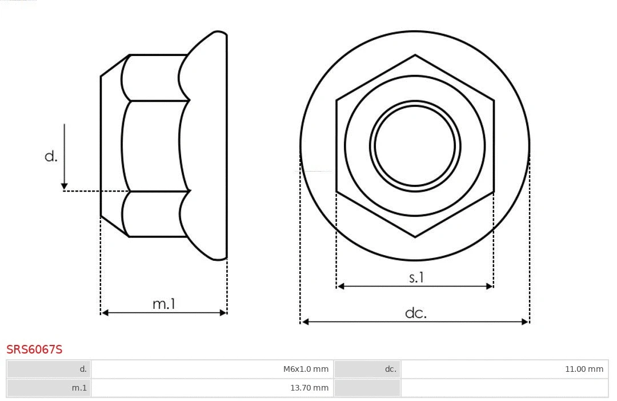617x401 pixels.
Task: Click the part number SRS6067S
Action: pos(34,350)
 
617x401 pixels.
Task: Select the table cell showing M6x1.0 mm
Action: pos(212,369)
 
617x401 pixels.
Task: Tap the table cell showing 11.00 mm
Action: pos(504,369)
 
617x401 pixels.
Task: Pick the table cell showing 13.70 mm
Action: pos(212,388)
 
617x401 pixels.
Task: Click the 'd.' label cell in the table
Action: pos(49,369)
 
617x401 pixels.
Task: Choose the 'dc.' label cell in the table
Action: pos(367,369)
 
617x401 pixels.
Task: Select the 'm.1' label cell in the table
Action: pos(49,388)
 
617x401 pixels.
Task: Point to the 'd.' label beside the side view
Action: pos(51,156)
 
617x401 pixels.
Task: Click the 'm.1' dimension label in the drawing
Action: pos(163,304)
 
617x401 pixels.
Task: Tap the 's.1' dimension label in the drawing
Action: pos(416,277)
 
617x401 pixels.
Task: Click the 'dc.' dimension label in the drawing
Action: pos(415,313)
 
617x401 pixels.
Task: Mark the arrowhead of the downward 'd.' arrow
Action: pos(65,186)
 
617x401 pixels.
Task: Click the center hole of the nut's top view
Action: pos(415,146)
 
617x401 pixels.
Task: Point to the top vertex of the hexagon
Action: pos(415,55)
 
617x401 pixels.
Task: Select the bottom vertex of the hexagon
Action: pos(415,237)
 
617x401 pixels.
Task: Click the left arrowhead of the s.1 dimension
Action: pos(340,286)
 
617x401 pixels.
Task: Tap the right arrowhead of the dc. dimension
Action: pos(525,322)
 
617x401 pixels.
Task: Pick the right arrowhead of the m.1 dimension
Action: pos(223,312)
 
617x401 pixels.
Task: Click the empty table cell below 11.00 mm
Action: pos(504,388)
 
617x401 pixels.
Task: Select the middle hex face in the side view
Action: pos(154,146)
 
